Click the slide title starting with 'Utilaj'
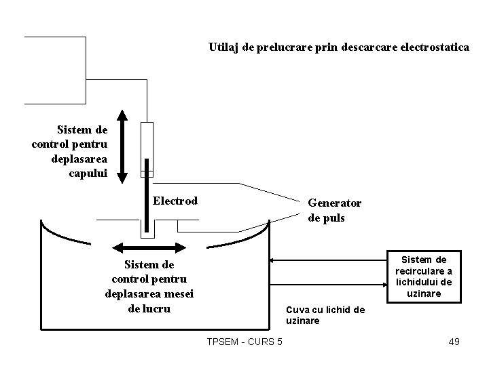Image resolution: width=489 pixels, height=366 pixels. [x=338, y=48]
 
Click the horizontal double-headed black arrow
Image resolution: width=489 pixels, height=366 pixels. [x=147, y=247]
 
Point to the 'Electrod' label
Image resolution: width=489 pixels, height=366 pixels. [x=175, y=201]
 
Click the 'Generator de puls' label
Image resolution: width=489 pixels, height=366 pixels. [x=335, y=210]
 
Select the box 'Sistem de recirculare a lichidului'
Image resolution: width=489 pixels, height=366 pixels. [x=424, y=277]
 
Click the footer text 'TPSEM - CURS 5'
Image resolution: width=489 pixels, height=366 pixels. [x=244, y=341]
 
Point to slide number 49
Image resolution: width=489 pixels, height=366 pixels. [x=454, y=341]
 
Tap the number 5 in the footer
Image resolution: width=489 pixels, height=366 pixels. [x=279, y=341]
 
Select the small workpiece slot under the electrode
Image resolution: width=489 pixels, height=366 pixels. [x=147, y=230]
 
